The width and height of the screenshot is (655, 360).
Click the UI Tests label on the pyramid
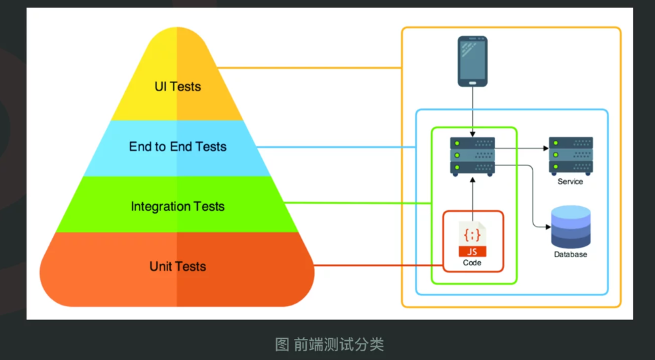177,86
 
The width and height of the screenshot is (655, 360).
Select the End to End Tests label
178,146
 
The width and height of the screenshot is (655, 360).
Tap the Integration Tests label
178,206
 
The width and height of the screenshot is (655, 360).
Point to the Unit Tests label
178,266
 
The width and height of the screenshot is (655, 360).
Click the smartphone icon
472,61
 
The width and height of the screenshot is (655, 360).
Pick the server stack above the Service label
571,156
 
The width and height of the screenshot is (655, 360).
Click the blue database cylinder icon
571,227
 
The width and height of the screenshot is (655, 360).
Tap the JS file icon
472,239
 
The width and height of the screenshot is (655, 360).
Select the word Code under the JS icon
472,263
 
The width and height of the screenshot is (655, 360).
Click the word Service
570,182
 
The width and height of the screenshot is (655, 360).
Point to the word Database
570,255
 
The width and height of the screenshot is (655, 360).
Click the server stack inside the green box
472,156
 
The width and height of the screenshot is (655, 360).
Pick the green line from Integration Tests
357,203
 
